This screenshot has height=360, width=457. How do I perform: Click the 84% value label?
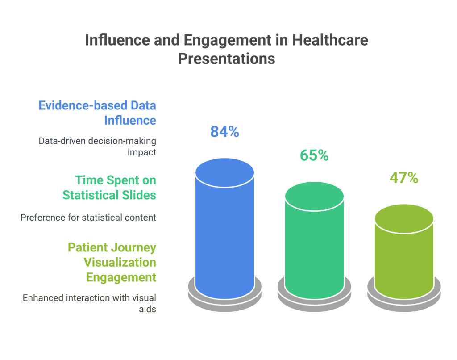(x=224, y=132)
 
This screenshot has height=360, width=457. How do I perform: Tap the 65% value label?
(x=314, y=155)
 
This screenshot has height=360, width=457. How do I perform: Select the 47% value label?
(x=404, y=178)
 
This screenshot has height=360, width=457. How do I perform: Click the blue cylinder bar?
(x=224, y=232)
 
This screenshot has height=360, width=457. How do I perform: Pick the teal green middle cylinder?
(x=314, y=250)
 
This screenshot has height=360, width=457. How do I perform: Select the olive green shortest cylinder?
(x=404, y=259)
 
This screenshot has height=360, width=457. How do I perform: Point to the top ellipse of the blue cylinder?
(x=224, y=172)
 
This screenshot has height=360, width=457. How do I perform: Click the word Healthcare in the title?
(x=330, y=40)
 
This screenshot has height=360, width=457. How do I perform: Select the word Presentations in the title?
(x=227, y=59)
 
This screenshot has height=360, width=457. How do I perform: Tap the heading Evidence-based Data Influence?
(x=97, y=113)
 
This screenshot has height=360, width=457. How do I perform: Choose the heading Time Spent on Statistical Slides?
(x=109, y=188)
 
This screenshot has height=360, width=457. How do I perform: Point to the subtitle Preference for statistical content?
(x=88, y=218)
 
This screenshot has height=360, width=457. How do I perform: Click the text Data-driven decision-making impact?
(x=97, y=146)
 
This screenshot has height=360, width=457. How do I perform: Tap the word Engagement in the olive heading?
(x=121, y=277)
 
